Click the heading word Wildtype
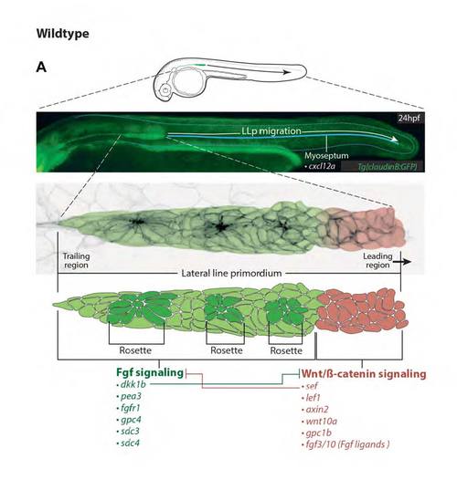pyautogui.click(x=62, y=34)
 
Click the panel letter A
pyautogui.click(x=41, y=68)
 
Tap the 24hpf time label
pyautogui.click(x=409, y=118)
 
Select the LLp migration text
pyautogui.click(x=271, y=130)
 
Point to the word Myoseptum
pyautogui.click(x=326, y=155)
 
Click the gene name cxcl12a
pyautogui.click(x=322, y=166)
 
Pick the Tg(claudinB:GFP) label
pyautogui.click(x=388, y=167)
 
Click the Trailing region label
pyautogui.click(x=76, y=261)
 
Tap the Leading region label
pyautogui.click(x=377, y=261)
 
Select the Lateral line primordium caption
pyautogui.click(x=231, y=274)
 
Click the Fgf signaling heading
pyautogui.click(x=150, y=372)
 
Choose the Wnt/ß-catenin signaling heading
pyautogui.click(x=364, y=374)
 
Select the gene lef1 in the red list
pyautogui.click(x=313, y=398)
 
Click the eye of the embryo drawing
pyautogui.click(x=165, y=90)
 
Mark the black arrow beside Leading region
pyautogui.click(x=402, y=262)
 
